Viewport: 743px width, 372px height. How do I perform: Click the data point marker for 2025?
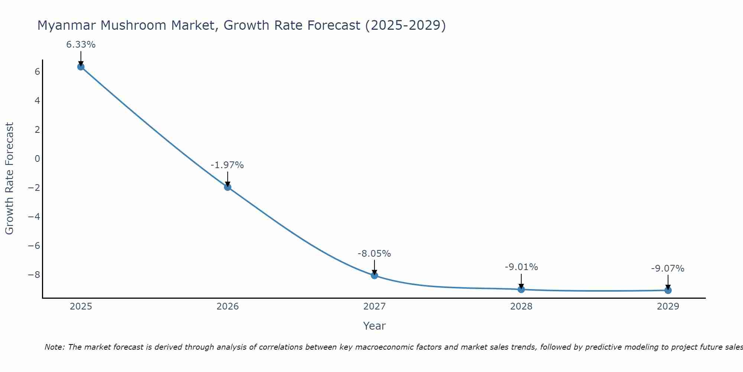(81, 67)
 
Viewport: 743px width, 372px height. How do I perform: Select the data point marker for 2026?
(228, 187)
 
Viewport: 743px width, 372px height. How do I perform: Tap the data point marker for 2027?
(374, 276)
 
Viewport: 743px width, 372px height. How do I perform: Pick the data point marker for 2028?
(521, 289)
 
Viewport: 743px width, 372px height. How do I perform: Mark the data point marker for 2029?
(668, 290)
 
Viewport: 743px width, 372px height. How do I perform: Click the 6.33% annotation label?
(81, 45)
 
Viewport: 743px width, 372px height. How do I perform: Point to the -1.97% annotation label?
(227, 165)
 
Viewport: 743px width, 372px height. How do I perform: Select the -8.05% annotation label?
(374, 254)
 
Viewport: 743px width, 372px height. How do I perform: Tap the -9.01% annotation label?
(521, 267)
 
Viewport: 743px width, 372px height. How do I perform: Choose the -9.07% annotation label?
(668, 269)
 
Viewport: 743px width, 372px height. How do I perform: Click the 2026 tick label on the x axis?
(228, 307)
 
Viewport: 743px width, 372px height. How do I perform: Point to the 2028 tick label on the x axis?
(521, 307)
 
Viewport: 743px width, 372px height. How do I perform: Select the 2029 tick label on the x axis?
(668, 307)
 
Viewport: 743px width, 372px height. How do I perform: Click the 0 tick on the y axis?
(37, 159)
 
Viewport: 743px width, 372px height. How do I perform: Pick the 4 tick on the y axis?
(37, 101)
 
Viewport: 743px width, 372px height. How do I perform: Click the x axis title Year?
(374, 326)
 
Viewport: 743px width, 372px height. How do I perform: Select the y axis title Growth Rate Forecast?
(10, 179)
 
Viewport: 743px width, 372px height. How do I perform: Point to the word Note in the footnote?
(54, 347)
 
